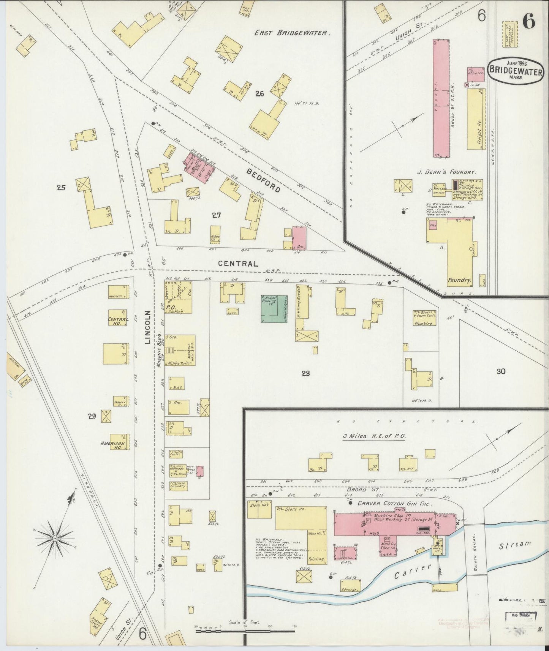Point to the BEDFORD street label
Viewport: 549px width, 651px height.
tap(263, 180)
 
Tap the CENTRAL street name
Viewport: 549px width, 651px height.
tap(238, 263)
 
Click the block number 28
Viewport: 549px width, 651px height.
tap(305, 373)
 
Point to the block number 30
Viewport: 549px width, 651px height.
tap(501, 371)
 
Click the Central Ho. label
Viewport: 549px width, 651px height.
tap(118, 321)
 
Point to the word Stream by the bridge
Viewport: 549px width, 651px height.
tap(514, 545)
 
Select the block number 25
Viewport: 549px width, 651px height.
tap(61, 187)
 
